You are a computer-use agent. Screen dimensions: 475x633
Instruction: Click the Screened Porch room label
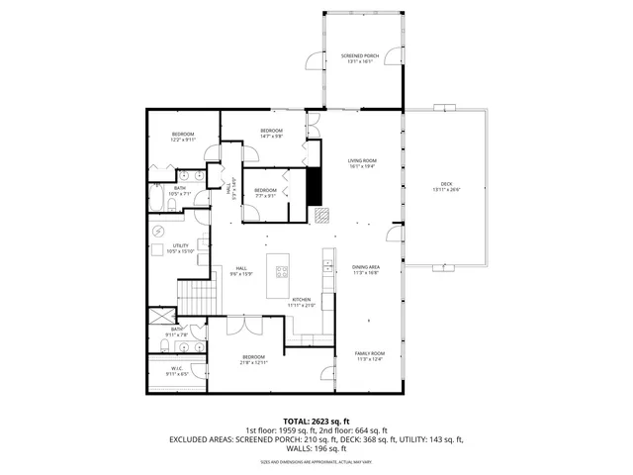point(359,57)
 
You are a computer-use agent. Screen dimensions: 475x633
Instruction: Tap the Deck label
point(446,187)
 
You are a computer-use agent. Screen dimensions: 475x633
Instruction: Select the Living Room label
point(361,163)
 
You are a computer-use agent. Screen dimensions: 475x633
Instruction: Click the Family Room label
point(370,356)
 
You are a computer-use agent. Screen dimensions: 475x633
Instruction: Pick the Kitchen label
point(301,302)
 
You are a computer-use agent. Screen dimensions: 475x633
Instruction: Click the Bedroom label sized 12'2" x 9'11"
point(183,137)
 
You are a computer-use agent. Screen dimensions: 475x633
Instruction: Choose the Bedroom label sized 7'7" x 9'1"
point(265,193)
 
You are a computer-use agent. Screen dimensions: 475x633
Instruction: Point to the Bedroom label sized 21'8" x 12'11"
point(254,359)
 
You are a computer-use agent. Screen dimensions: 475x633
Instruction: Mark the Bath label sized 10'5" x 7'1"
point(180,191)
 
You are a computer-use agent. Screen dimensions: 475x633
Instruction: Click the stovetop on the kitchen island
point(283,271)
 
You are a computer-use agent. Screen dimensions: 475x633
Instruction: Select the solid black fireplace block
point(314,185)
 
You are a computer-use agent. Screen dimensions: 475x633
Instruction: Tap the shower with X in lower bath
point(159,318)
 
